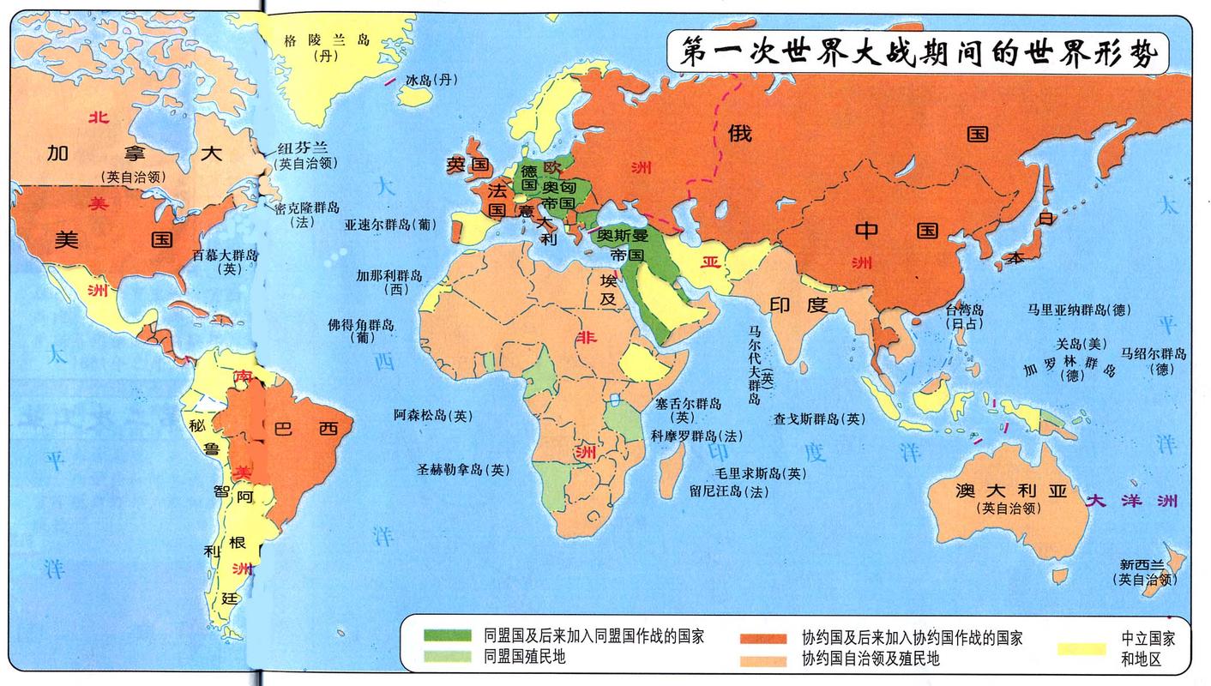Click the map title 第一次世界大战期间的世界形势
tap(918, 54)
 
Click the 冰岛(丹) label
tap(431, 80)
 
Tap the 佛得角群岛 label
tap(360, 325)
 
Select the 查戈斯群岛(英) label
tap(819, 418)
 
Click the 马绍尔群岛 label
tap(1154, 353)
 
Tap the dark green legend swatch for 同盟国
tap(447, 636)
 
